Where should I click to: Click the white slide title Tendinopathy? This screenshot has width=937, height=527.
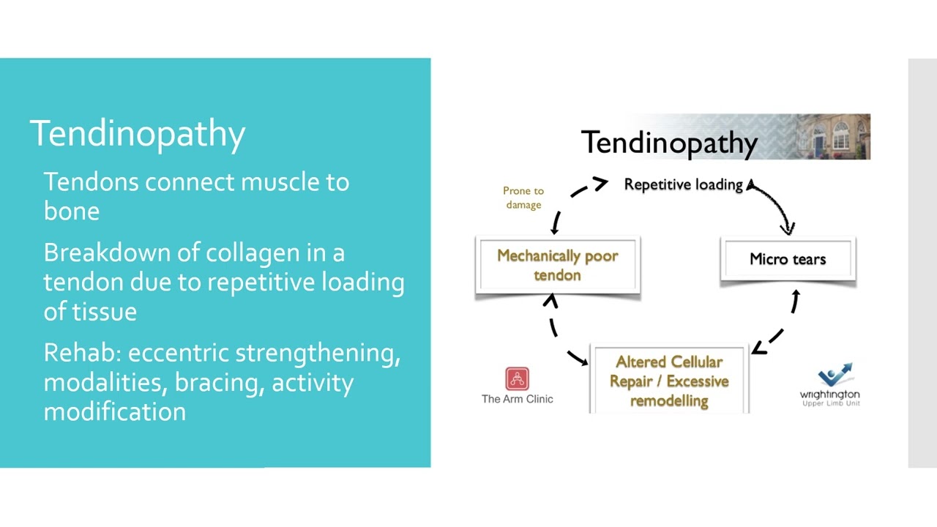[x=137, y=134]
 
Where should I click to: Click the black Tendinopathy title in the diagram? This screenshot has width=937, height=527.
[x=668, y=143]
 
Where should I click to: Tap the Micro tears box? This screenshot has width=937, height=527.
[x=788, y=259]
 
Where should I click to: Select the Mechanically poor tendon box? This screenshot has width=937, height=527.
[x=558, y=265]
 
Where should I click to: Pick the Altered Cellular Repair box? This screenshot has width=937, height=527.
[x=669, y=381]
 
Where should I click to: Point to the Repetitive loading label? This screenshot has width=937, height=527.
[x=683, y=185]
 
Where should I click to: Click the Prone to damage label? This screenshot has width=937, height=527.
[x=523, y=198]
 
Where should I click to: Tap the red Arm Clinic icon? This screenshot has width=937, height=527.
[x=517, y=379]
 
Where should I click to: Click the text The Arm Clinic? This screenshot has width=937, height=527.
[x=517, y=399]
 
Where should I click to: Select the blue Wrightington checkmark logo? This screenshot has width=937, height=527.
[x=835, y=375]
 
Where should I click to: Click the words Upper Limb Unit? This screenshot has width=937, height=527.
[x=830, y=403]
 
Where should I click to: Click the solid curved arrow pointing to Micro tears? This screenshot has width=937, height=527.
[x=776, y=205]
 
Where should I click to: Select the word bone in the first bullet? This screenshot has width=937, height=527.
[x=71, y=212]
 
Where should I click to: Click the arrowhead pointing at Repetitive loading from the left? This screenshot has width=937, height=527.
[x=600, y=183]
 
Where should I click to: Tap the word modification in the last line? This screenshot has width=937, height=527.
[x=114, y=412]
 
